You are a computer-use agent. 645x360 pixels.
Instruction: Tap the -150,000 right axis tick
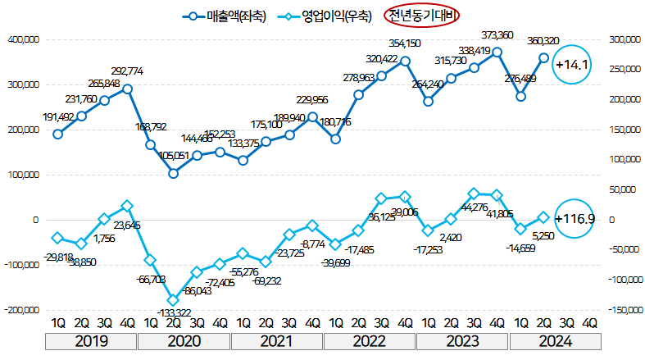(620, 310)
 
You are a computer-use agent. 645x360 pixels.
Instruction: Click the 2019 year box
(93, 342)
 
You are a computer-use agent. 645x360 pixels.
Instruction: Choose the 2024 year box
(556, 342)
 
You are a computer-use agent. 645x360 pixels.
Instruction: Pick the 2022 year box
(370, 342)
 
